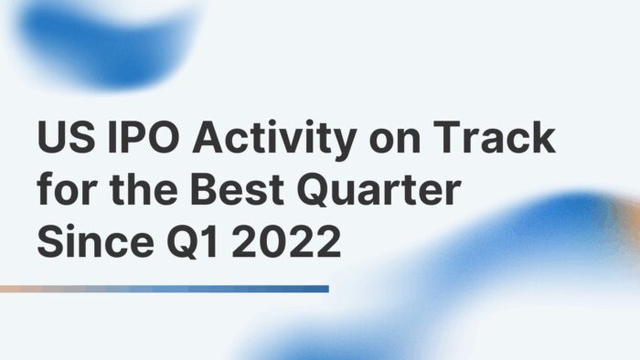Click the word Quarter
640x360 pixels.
tap(383, 193)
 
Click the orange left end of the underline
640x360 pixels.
tap(9, 289)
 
